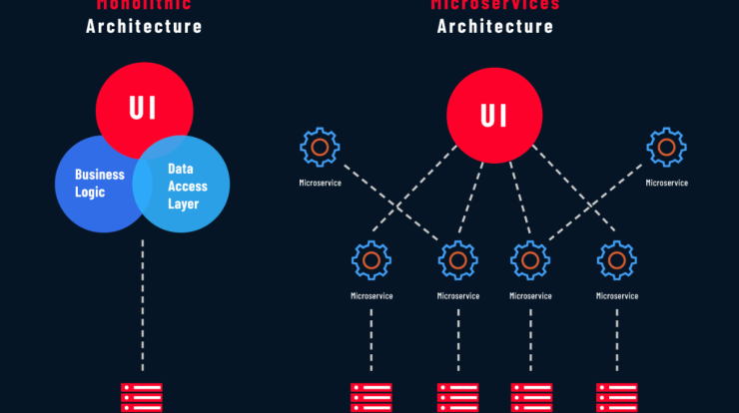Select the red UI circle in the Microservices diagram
click(494, 116)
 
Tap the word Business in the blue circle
click(100, 175)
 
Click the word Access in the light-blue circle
click(188, 186)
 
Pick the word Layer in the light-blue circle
click(184, 204)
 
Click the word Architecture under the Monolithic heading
click(144, 26)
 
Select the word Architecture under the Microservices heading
click(495, 26)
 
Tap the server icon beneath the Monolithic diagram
click(142, 397)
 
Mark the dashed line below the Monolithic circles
click(143, 299)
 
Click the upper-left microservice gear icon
click(320, 148)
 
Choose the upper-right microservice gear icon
click(666, 148)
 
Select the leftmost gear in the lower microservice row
click(371, 260)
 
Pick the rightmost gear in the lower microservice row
click(617, 260)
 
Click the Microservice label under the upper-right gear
click(666, 183)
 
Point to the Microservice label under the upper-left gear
click(320, 183)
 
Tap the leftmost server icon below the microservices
click(371, 397)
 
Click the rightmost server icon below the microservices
click(617, 397)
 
